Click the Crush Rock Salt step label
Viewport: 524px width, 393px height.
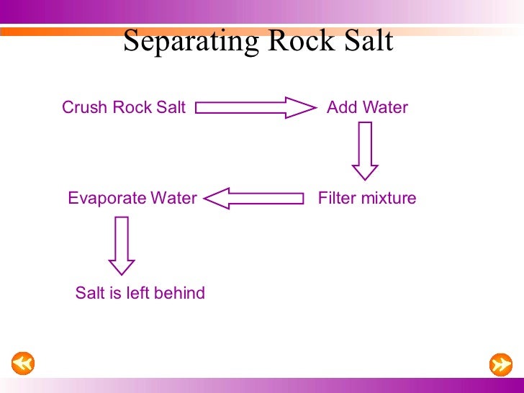tap(124, 108)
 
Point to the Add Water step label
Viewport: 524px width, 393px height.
tap(367, 108)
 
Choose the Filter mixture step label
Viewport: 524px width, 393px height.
tap(367, 198)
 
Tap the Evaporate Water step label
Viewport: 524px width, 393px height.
tap(132, 198)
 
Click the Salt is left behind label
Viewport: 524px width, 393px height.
tap(140, 293)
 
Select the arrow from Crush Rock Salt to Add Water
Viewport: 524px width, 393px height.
tap(256, 108)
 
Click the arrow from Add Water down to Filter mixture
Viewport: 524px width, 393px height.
tap(365, 150)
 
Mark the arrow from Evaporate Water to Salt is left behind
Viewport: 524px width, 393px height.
tap(122, 245)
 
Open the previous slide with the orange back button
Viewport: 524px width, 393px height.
tap(23, 363)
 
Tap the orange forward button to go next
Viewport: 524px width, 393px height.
tap(500, 364)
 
